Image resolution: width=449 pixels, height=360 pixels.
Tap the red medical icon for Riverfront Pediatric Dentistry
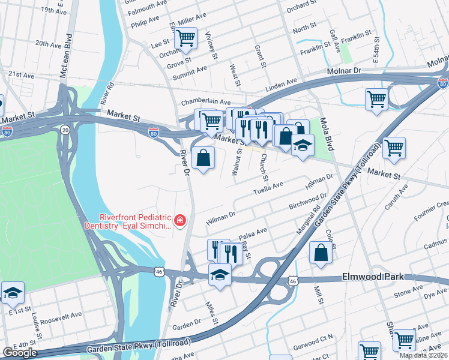coord(179,222)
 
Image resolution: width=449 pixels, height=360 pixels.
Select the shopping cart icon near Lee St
coord(185,38)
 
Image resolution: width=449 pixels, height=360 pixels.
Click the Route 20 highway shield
coord(65,129)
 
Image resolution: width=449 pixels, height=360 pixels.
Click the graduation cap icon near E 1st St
coord(13,293)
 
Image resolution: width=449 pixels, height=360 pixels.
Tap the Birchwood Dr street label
coord(307,202)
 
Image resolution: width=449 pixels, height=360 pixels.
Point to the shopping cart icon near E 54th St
coord(376,99)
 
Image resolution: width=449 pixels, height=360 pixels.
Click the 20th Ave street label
coord(49,43)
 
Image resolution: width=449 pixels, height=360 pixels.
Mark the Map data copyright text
coord(423,355)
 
